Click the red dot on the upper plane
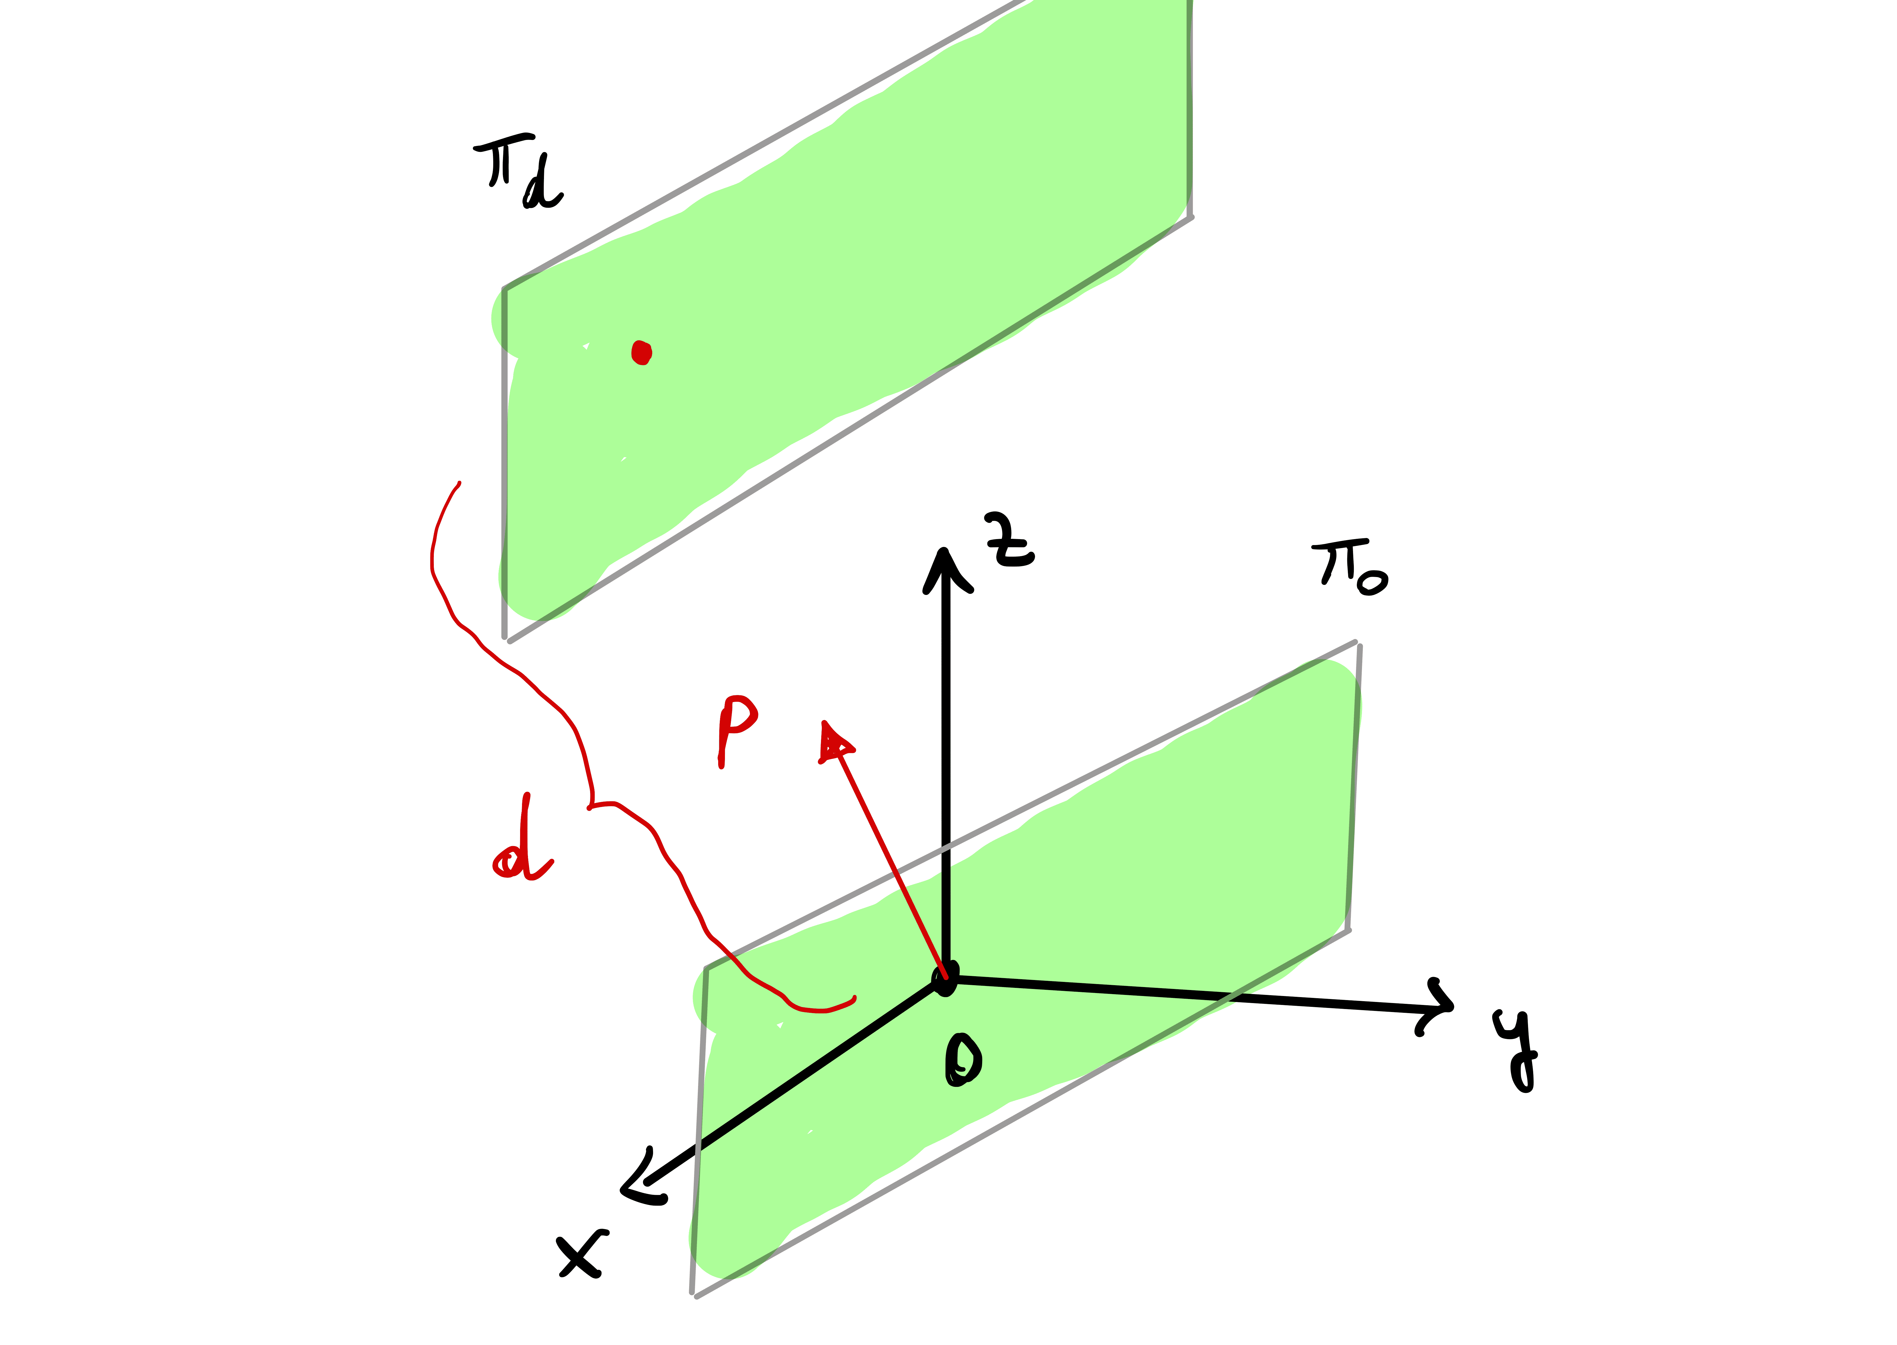point(641,353)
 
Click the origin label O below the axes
point(963,1059)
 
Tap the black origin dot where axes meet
point(945,979)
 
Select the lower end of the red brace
point(854,997)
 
